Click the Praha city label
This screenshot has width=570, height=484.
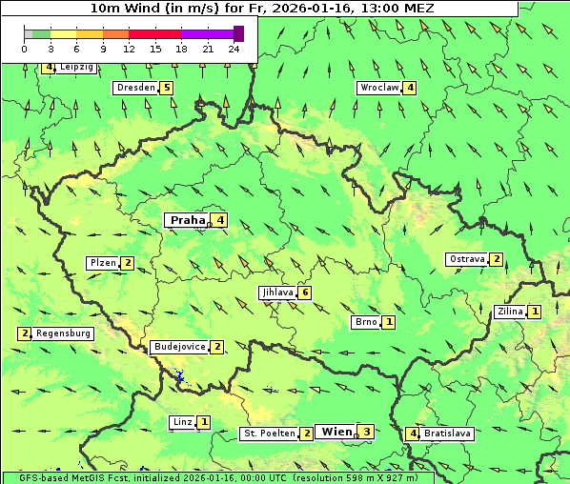(188, 220)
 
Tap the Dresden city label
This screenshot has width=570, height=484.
(134, 88)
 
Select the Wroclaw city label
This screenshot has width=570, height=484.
(378, 88)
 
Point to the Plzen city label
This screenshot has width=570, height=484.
(102, 263)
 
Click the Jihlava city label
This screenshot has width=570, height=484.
(277, 292)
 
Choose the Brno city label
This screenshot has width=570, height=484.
(365, 322)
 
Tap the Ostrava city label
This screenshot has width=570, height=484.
(467, 259)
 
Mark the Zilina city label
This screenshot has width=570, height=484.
(510, 312)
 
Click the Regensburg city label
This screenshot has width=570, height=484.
(64, 333)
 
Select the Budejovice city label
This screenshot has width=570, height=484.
(178, 347)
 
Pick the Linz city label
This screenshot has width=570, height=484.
(182, 422)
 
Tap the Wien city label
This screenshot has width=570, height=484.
(336, 432)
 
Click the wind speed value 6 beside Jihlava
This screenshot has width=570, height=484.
(305, 292)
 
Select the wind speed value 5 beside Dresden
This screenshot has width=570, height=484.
(167, 88)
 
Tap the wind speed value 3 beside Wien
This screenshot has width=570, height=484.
(365, 432)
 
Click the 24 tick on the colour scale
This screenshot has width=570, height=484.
(234, 49)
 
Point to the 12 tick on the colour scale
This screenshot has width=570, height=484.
(129, 49)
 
